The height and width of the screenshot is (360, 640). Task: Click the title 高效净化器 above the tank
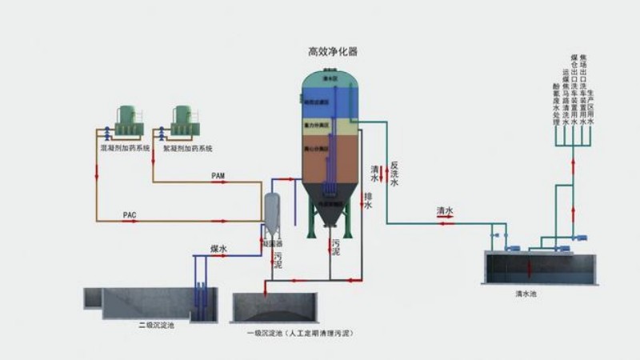333,51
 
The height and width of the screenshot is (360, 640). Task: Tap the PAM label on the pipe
218,174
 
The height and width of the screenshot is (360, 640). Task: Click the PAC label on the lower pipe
130,215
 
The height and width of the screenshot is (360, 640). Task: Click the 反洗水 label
394,174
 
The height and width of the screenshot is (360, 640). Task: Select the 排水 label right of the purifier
368,201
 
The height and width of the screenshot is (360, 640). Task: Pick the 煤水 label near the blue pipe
218,250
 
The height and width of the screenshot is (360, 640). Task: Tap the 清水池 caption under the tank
526,294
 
